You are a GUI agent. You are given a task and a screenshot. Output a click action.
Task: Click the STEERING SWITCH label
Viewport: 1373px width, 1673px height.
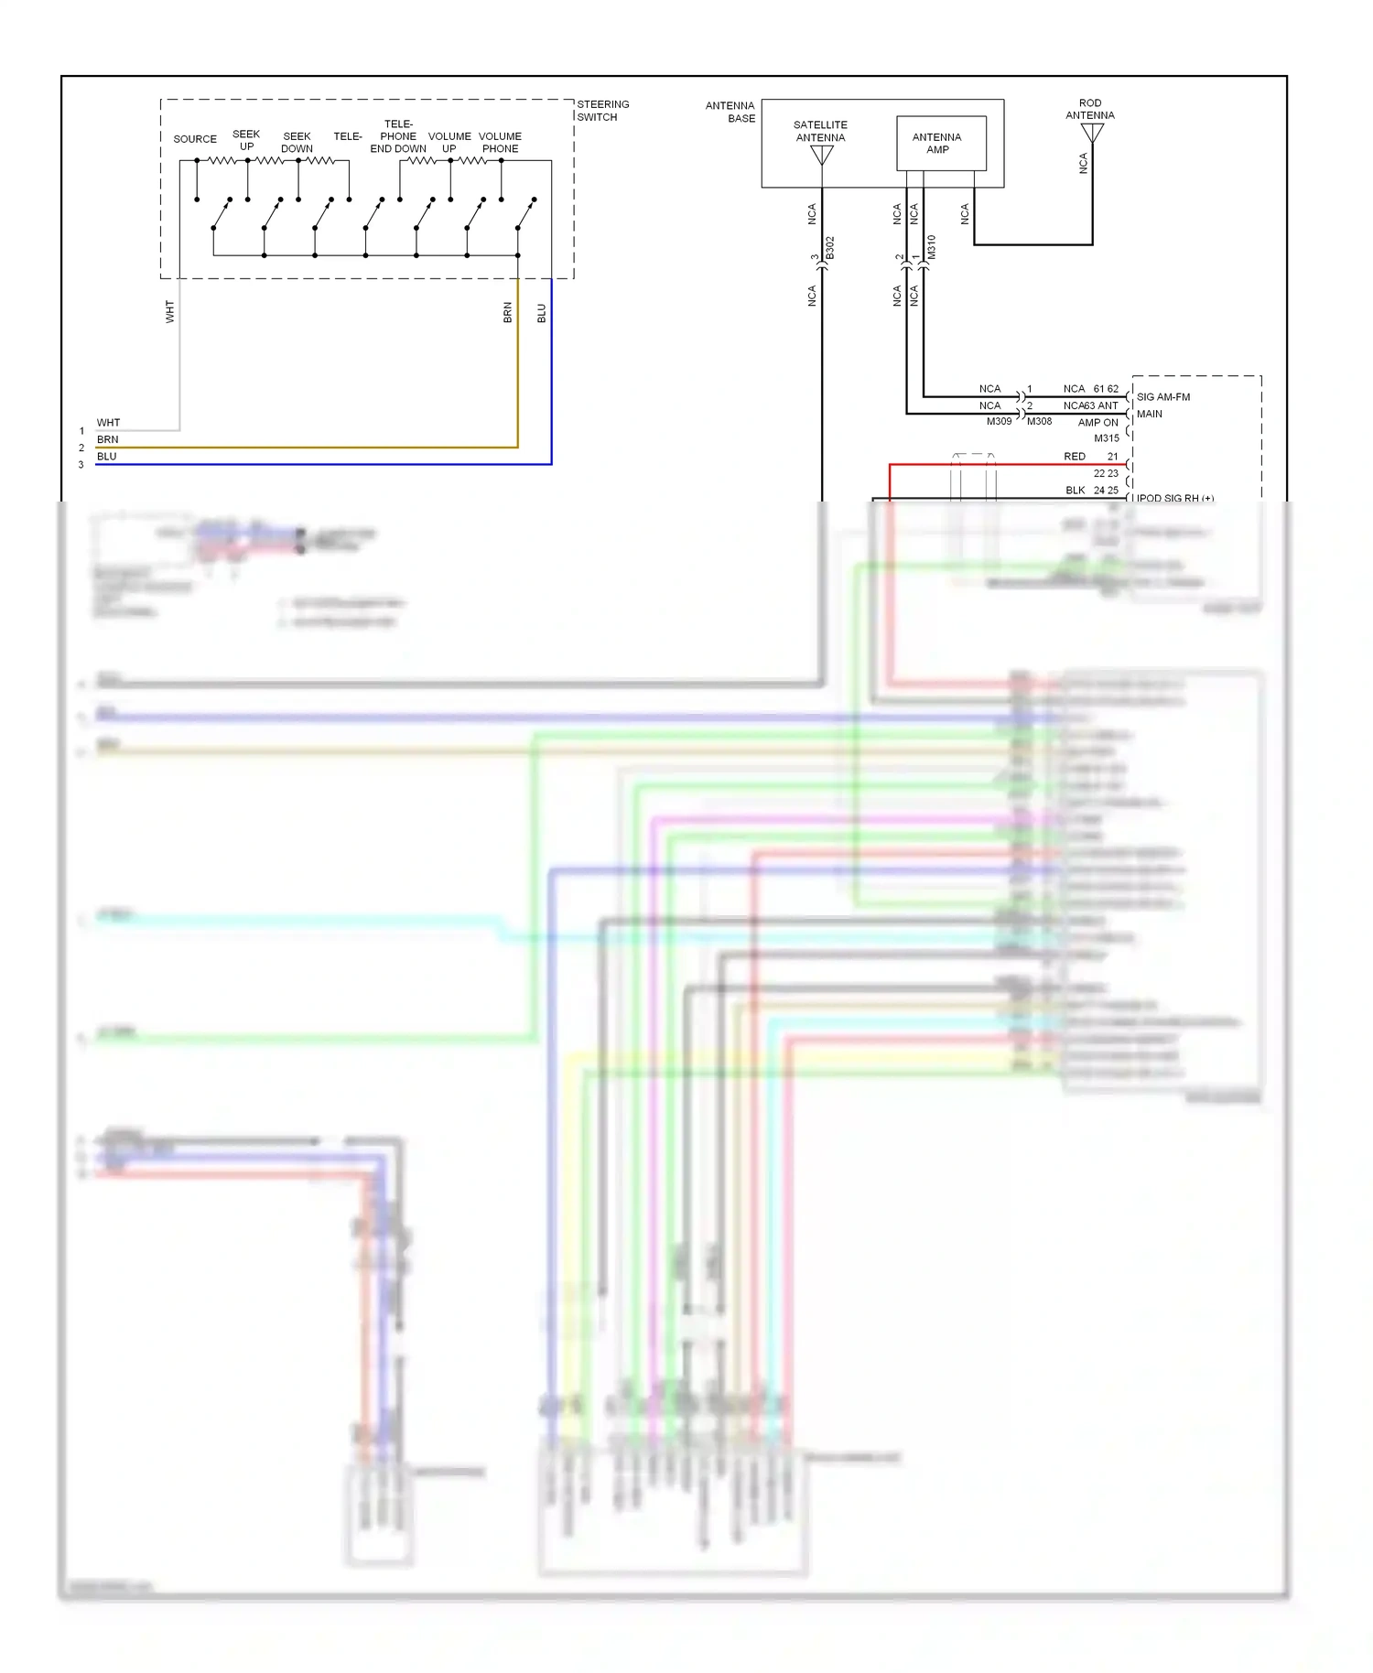[602, 111]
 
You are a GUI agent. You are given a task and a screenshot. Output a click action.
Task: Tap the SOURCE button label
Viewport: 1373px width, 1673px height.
[195, 139]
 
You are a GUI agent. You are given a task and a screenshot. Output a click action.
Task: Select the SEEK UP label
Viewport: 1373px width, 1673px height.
[246, 140]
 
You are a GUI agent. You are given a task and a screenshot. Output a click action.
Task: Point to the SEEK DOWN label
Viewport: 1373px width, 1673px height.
[297, 142]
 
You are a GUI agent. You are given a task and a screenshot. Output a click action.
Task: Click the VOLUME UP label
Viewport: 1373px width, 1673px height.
[449, 142]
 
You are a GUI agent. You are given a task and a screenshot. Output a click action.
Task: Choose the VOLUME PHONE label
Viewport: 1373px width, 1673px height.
[500, 142]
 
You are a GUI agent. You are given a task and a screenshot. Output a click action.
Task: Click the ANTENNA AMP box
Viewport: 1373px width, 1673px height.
[941, 143]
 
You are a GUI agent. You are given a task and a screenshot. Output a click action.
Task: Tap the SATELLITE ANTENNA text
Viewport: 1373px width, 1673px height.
[820, 131]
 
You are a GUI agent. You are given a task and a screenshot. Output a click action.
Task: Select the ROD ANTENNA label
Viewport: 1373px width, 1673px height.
[1089, 109]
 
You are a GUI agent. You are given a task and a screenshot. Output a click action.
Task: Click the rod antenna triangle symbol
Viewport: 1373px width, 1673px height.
[1092, 133]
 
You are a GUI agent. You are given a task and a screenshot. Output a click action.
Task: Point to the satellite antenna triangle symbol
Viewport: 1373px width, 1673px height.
[822, 155]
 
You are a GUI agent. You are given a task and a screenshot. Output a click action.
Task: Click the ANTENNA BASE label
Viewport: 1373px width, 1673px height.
[730, 112]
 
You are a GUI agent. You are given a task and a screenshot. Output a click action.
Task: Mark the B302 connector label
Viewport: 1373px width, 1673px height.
[830, 248]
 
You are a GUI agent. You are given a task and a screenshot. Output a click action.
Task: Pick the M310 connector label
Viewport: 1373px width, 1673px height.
[931, 247]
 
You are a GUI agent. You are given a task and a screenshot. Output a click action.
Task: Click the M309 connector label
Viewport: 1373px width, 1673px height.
[999, 421]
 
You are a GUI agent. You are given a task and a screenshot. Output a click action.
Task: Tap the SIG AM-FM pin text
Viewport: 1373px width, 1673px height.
[1162, 397]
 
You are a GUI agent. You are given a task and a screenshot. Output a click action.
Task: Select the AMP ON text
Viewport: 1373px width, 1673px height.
[1097, 423]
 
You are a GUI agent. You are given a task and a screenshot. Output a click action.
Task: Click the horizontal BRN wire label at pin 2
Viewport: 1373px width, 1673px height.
[107, 439]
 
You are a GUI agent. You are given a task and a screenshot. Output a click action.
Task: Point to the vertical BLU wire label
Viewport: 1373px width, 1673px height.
[541, 313]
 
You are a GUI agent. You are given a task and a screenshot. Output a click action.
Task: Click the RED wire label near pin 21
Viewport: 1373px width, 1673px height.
[1074, 456]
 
